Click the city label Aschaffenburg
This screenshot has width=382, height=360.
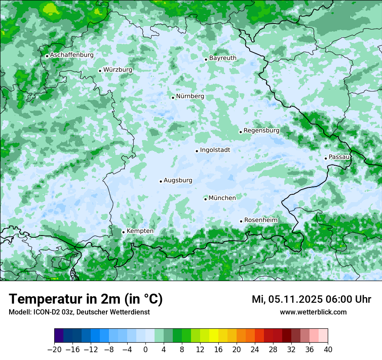pyautogui.click(x=72, y=55)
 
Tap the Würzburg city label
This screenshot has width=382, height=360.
pyautogui.click(x=118, y=70)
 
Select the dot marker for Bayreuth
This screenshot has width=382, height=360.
pyautogui.click(x=206, y=59)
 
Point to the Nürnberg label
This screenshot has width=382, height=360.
pyautogui.click(x=190, y=96)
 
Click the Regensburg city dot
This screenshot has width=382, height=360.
pyautogui.click(x=240, y=132)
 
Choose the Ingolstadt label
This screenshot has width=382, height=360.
pyautogui.click(x=215, y=150)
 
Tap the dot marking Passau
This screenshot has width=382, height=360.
pyautogui.click(x=326, y=158)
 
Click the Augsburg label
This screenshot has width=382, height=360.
pyautogui.click(x=178, y=180)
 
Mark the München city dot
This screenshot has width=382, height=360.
pyautogui.click(x=205, y=199)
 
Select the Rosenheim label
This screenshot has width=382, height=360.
pyautogui.click(x=260, y=220)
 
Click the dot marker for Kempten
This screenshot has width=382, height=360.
pyautogui.click(x=123, y=232)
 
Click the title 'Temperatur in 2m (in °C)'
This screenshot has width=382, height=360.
pyautogui.click(x=86, y=299)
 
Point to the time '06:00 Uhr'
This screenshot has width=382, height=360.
pyautogui.click(x=349, y=299)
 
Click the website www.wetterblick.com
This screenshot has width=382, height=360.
pyautogui.click(x=313, y=312)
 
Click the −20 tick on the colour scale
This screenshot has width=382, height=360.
pyautogui.click(x=54, y=350)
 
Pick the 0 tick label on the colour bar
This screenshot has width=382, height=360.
pyautogui.click(x=145, y=350)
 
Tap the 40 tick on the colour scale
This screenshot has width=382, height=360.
pyautogui.click(x=328, y=350)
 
